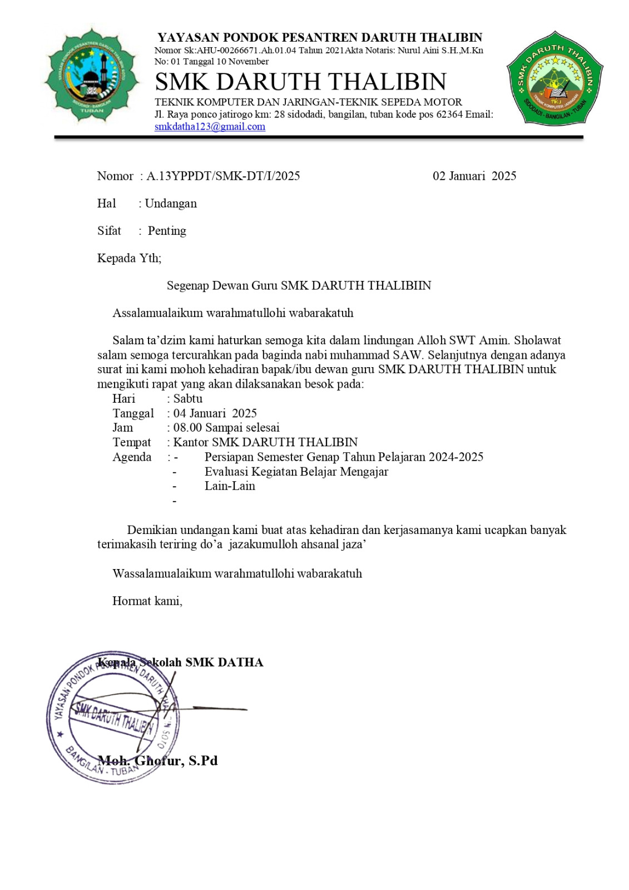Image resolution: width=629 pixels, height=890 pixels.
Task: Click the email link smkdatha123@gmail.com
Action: [x=210, y=127]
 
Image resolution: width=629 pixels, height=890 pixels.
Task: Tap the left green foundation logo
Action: [x=92, y=75]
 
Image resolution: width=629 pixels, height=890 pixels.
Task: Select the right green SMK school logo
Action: [x=554, y=78]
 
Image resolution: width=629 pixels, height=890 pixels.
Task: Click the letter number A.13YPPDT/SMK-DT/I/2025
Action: [x=223, y=176]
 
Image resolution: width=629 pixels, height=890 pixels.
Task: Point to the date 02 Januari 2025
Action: [x=474, y=176]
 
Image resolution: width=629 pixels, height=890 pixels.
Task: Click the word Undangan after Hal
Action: [x=171, y=204]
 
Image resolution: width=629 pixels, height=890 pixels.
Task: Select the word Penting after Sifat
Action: [x=167, y=231]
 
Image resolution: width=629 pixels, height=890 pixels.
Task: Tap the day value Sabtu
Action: [x=188, y=399]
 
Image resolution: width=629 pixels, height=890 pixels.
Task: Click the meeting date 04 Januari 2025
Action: [x=215, y=413]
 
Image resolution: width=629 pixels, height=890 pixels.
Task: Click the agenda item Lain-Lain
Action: [x=230, y=486]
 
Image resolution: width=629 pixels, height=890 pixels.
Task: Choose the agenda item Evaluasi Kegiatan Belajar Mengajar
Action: [x=296, y=472]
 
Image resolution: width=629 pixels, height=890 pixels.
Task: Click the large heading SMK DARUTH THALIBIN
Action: [x=300, y=82]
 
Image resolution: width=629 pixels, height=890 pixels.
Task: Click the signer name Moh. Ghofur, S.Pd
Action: [x=158, y=761]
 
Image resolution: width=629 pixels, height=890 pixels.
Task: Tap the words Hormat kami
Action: [x=147, y=601]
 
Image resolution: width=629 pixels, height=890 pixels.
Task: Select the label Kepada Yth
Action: [x=129, y=258]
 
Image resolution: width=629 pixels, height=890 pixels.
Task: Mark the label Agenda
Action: [x=132, y=457]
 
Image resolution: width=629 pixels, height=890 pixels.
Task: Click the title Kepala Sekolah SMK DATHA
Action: [x=180, y=662]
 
